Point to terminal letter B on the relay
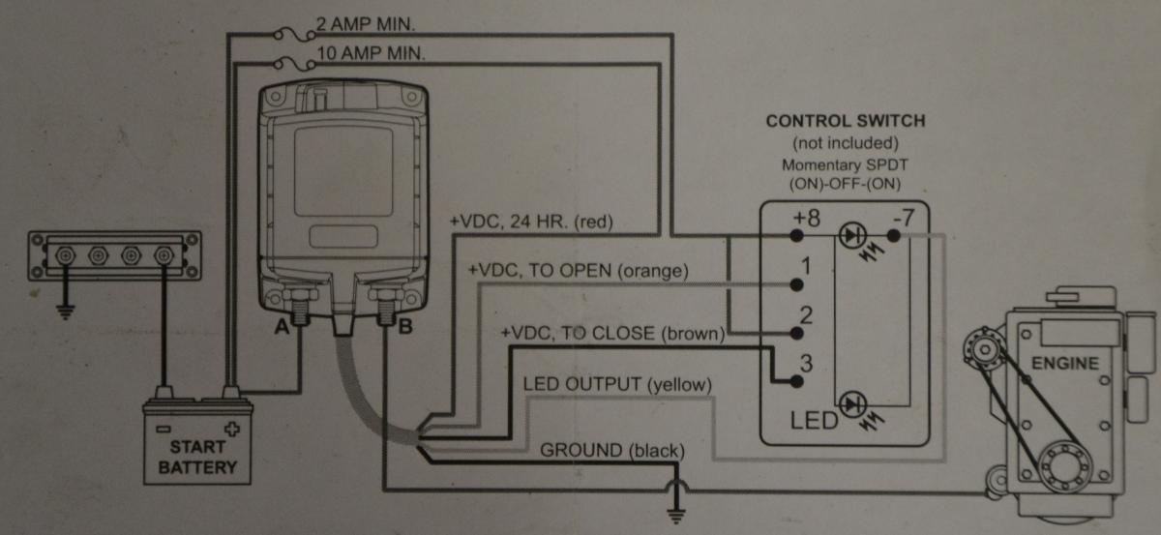click(405, 327)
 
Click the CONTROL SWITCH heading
click(846, 122)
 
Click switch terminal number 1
click(805, 264)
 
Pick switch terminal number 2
click(805, 314)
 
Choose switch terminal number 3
click(805, 366)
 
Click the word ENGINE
click(1064, 364)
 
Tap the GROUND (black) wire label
click(612, 451)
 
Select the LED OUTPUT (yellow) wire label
click(617, 384)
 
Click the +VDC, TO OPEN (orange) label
click(578, 272)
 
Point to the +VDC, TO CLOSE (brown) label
click(612, 335)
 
